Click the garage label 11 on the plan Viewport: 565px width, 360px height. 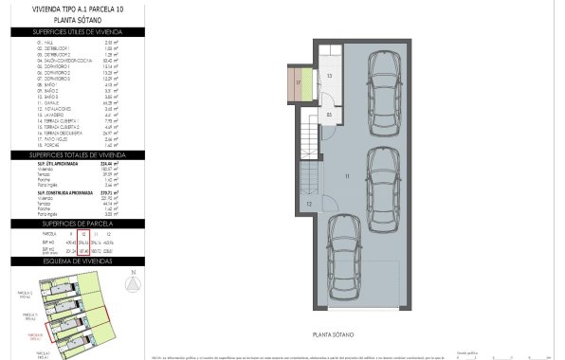pyautogui.click(x=348, y=175)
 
